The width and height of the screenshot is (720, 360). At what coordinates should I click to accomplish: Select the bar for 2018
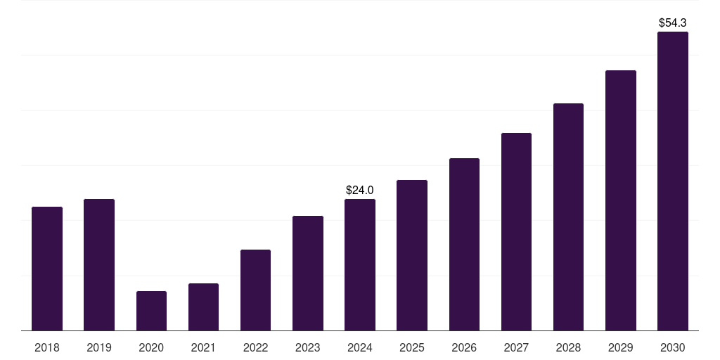coord(47,269)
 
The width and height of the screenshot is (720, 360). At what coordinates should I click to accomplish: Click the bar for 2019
coord(99,264)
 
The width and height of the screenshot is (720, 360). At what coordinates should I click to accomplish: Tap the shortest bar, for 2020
coord(151,311)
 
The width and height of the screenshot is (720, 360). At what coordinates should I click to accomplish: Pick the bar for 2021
coord(203,307)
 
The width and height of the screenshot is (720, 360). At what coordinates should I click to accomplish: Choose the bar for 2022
coord(255,290)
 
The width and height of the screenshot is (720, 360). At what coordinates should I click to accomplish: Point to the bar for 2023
coord(308,273)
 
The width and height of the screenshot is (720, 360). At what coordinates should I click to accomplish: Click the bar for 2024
coord(360,264)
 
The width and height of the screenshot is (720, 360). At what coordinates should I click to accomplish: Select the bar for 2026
coord(464,244)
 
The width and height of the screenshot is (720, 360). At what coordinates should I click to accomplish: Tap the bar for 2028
coord(568,217)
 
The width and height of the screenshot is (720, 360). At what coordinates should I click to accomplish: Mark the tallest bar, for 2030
coord(673,181)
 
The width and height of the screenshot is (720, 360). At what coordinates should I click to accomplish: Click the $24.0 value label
coord(360,190)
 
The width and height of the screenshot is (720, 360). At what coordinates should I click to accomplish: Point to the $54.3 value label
coord(673,23)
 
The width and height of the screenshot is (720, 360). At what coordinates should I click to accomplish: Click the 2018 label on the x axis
coord(47,347)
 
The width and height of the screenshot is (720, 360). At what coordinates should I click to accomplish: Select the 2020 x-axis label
coord(151,347)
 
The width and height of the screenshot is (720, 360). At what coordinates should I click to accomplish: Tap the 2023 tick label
coord(308,347)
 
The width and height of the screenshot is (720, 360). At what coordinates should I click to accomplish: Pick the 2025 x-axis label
coord(412,347)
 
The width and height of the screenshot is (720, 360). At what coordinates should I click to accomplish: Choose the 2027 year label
coord(516,347)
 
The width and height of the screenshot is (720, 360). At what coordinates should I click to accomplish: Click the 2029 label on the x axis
coord(621,347)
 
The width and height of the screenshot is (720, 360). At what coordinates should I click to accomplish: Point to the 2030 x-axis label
coord(673,347)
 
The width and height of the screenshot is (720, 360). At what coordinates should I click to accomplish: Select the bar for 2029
coord(621,200)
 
